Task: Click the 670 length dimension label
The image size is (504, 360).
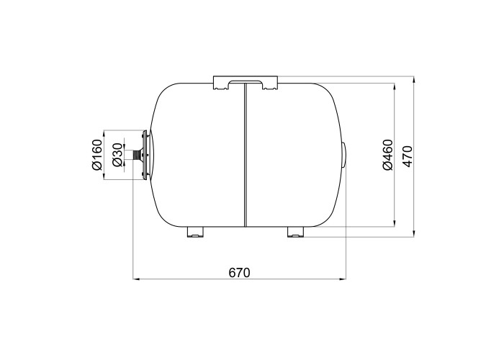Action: (x=239, y=273)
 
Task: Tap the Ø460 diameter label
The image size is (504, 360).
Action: (x=388, y=155)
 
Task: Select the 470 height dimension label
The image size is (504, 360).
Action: (x=408, y=156)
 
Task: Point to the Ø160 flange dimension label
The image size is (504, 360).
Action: (x=96, y=155)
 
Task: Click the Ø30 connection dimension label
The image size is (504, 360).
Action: (x=117, y=155)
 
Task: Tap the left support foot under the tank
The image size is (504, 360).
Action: (x=195, y=232)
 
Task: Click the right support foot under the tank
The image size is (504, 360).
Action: (x=296, y=232)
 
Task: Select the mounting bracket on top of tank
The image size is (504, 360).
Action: (x=245, y=82)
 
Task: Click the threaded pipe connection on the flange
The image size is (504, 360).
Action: (x=138, y=155)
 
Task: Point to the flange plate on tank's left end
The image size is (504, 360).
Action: (x=145, y=155)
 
